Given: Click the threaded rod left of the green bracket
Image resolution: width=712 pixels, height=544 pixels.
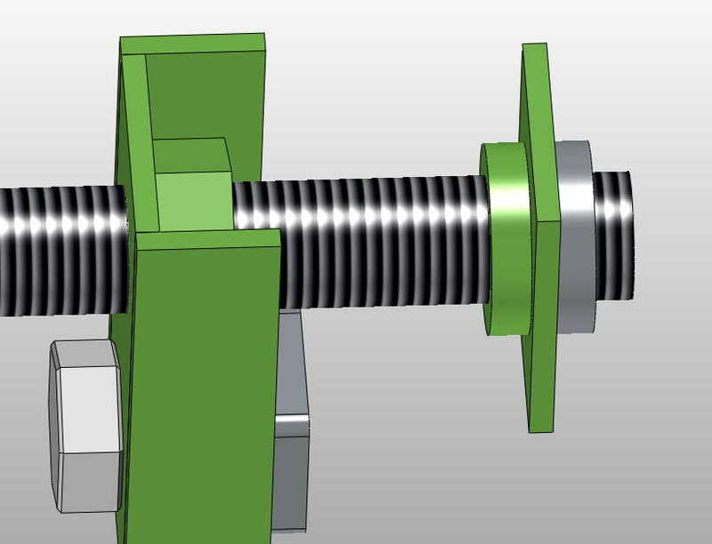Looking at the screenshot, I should coord(62,250).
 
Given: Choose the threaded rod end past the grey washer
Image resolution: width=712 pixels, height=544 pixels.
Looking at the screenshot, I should coord(614,235).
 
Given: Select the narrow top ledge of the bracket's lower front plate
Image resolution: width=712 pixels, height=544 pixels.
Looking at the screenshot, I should coord(210,237).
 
